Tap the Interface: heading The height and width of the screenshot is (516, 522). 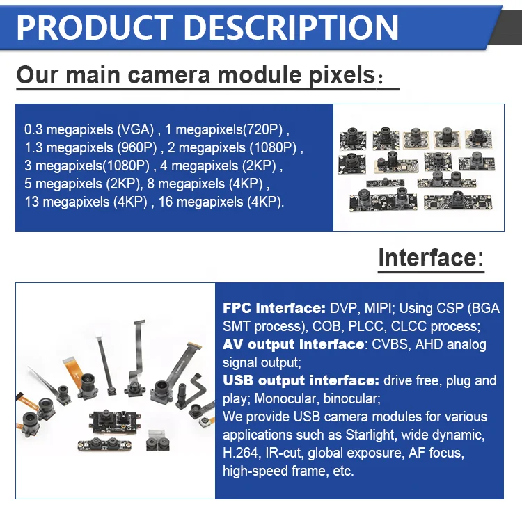(430, 258)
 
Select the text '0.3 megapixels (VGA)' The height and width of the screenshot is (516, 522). (88, 129)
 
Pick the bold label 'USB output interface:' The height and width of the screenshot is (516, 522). (301, 380)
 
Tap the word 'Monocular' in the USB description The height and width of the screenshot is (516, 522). (285, 398)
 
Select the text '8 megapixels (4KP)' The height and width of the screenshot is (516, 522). (209, 184)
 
